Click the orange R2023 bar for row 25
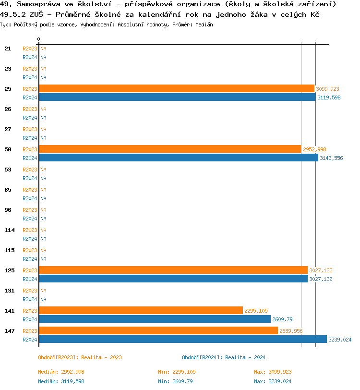[176, 88]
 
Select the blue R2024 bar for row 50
[178, 158]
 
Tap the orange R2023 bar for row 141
[141, 310]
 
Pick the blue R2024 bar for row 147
[182, 339]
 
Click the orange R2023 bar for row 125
[173, 270]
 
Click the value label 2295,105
[256, 311]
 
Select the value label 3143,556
[331, 158]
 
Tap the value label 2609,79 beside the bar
[282, 319]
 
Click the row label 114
[10, 230]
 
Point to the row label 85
[8, 190]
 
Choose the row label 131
[10, 291]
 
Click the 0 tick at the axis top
[39, 39]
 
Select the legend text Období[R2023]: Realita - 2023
[80, 357]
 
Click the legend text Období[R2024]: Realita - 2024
[224, 357]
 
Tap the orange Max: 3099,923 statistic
[273, 372]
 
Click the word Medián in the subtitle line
[205, 24]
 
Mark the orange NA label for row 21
[43, 49]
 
